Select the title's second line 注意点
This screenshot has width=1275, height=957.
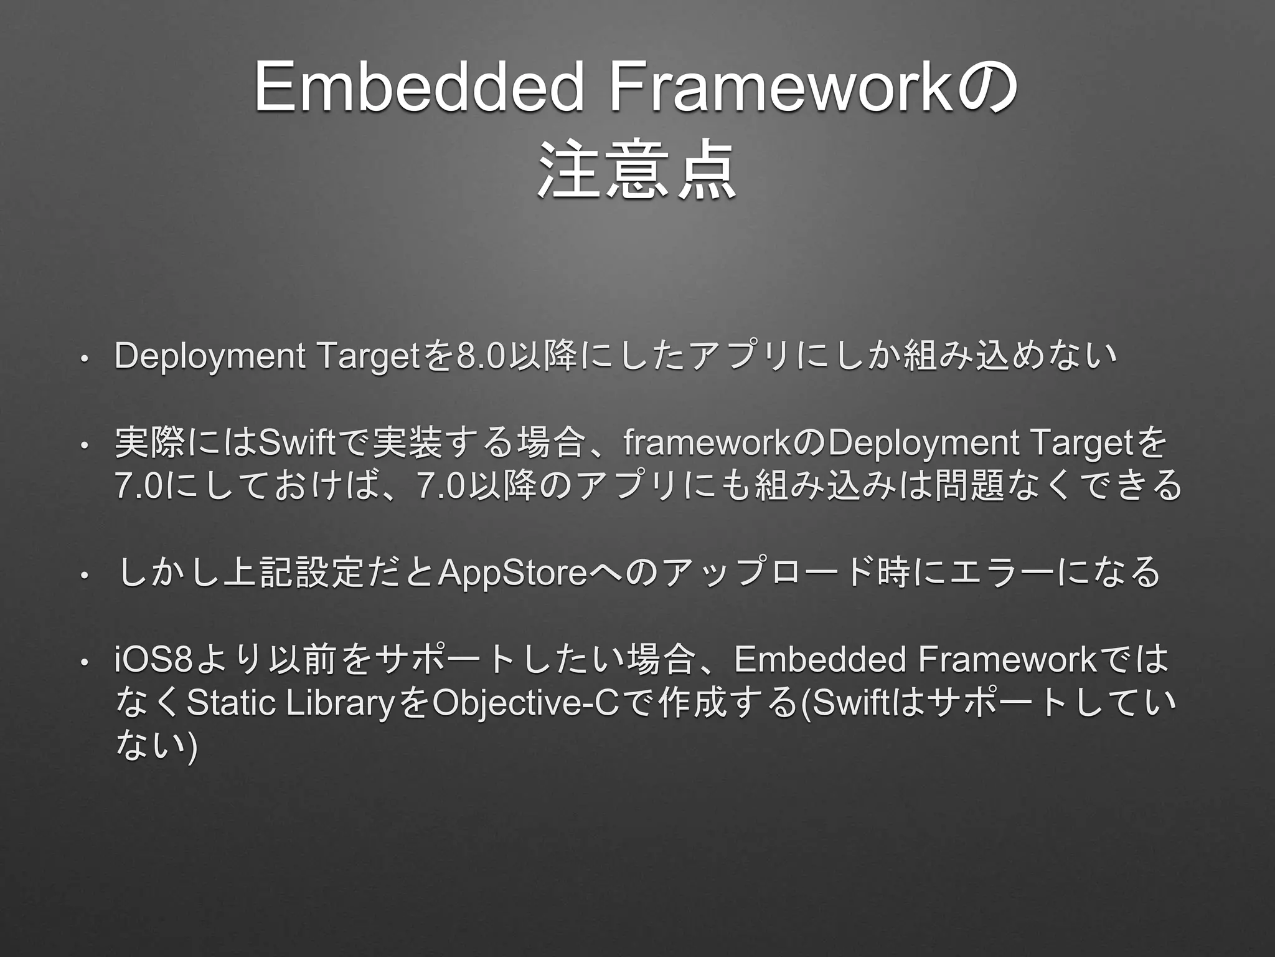click(x=636, y=171)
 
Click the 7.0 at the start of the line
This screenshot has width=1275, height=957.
click(x=139, y=487)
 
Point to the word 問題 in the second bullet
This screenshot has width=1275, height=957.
click(x=961, y=486)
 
